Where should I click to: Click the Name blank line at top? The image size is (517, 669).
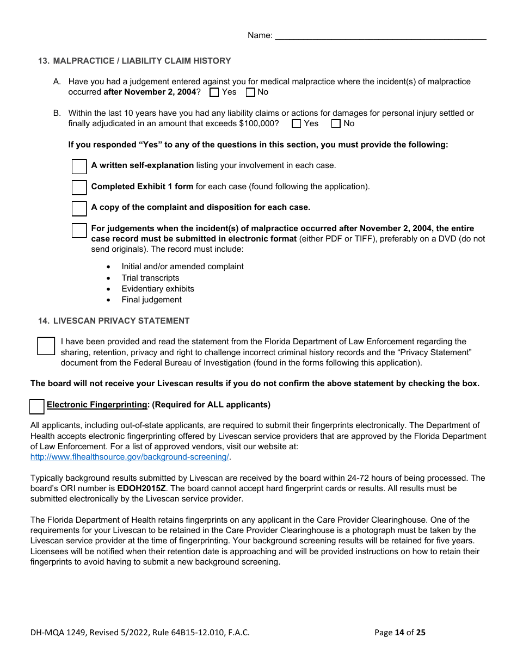(x=380, y=36)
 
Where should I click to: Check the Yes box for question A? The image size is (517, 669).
(x=214, y=92)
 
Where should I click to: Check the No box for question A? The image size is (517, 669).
(x=250, y=92)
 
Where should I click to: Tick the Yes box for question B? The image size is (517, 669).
(x=297, y=124)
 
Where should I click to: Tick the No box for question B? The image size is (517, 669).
(x=336, y=124)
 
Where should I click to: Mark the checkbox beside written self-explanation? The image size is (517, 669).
(x=79, y=166)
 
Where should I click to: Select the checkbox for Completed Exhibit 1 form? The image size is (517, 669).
(x=79, y=187)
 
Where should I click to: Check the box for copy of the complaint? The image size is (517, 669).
(x=79, y=208)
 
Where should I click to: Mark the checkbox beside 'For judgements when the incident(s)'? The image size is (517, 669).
(x=79, y=230)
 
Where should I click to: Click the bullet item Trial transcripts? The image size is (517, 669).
(x=150, y=278)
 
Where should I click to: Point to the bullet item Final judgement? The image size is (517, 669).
(x=151, y=300)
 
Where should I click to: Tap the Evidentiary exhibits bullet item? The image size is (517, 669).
(x=158, y=289)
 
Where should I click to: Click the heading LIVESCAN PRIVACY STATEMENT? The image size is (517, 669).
(x=121, y=321)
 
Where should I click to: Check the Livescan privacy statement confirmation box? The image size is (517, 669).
(x=46, y=346)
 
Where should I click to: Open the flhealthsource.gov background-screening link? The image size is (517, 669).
(x=130, y=457)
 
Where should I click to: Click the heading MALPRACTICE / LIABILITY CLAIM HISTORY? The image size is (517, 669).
(x=142, y=61)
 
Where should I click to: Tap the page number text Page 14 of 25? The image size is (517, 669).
(x=400, y=632)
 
